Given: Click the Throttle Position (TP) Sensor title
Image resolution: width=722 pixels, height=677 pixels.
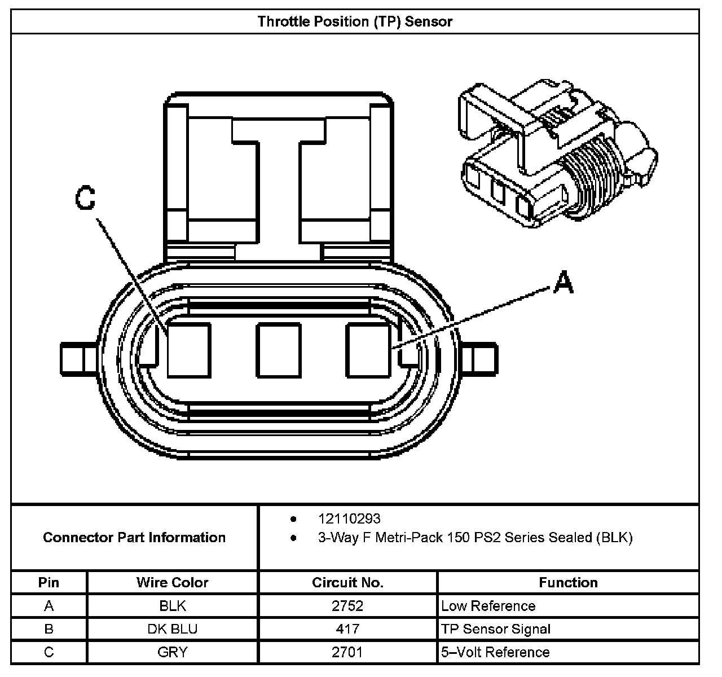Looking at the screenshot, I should point(355,21).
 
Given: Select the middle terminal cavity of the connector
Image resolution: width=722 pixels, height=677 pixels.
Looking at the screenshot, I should point(278,350).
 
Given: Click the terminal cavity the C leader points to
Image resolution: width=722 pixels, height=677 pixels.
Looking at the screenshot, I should point(189,350).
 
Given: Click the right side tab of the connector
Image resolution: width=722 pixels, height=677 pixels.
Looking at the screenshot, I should point(479,359).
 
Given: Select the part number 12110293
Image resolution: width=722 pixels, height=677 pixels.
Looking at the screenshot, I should point(349,518).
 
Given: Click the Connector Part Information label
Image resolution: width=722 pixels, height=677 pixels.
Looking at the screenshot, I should point(134,537).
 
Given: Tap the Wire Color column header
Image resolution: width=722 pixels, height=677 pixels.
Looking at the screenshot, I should point(172,582).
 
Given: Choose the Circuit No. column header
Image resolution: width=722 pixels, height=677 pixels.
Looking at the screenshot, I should point(347,582).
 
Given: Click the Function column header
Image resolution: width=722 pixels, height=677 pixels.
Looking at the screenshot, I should point(568,582).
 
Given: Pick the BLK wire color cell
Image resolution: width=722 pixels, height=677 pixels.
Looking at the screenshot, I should point(172,606).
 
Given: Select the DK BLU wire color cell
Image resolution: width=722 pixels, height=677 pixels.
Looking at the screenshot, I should point(172,629).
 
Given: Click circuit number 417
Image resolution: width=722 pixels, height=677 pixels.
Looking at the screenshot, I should point(347,629).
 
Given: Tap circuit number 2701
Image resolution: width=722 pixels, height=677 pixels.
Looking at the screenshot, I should point(347,652).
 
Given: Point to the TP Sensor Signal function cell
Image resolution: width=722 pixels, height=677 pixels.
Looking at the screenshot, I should point(496,629).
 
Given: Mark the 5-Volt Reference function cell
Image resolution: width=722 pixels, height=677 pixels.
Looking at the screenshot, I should point(495,652).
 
